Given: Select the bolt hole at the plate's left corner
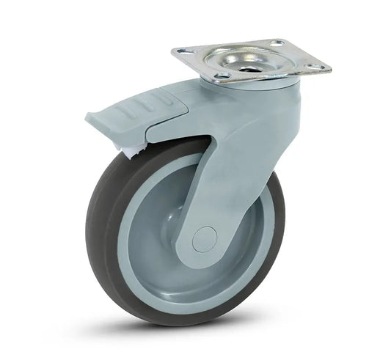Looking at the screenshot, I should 181,53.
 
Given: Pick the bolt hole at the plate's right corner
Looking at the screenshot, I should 316,67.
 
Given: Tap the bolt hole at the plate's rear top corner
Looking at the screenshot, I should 277,44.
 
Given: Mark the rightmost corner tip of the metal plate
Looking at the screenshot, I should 330,70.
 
